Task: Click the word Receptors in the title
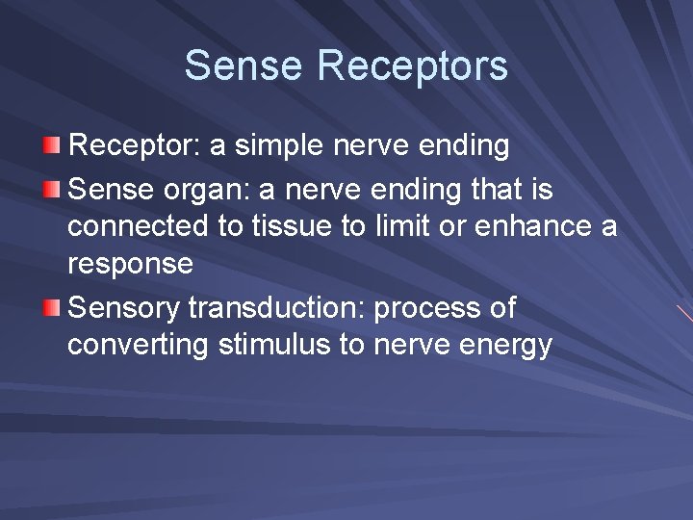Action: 412,66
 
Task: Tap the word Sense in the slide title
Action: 244,66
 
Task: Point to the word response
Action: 130,264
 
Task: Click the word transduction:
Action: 277,308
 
